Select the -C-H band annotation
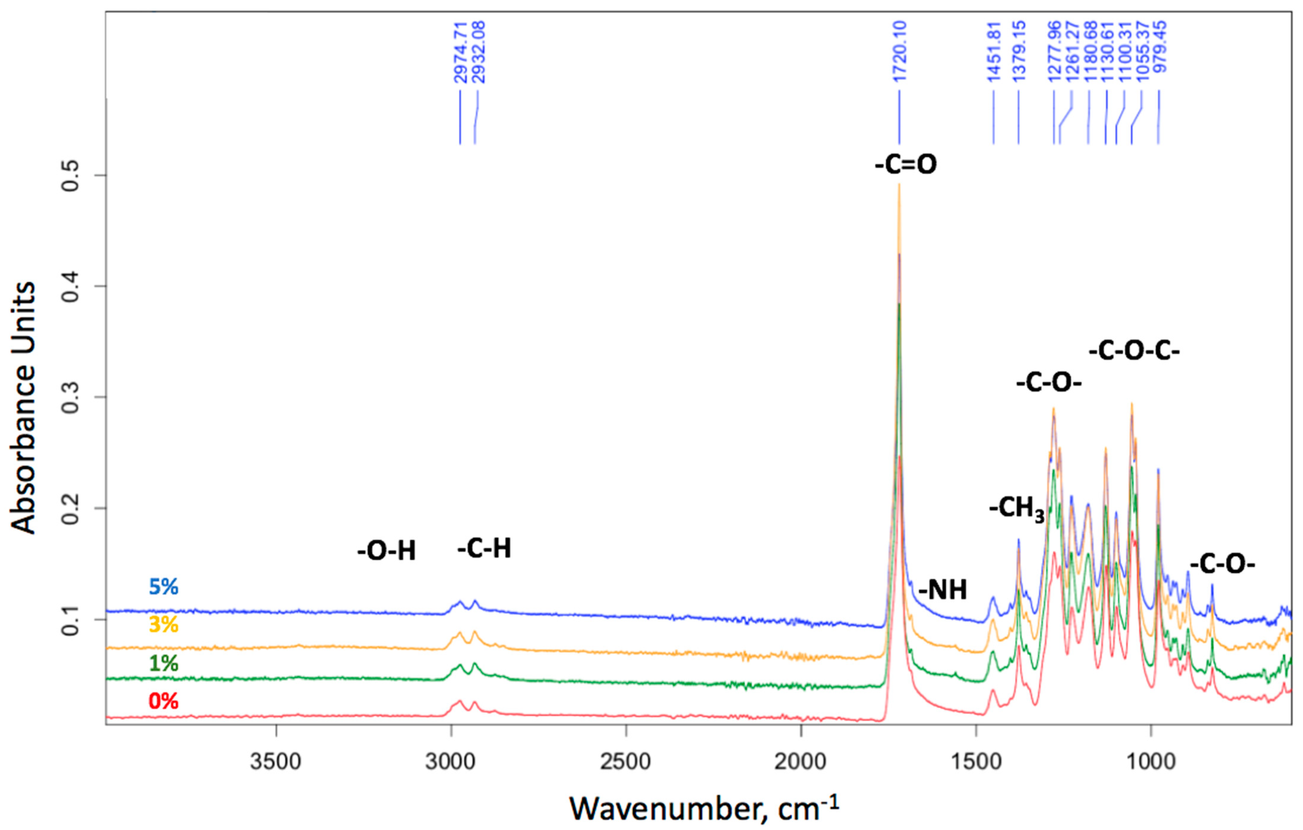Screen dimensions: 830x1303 pyautogui.click(x=484, y=549)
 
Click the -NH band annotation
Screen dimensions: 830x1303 pyautogui.click(x=943, y=590)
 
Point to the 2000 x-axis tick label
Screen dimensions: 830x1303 pyautogui.click(x=800, y=762)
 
